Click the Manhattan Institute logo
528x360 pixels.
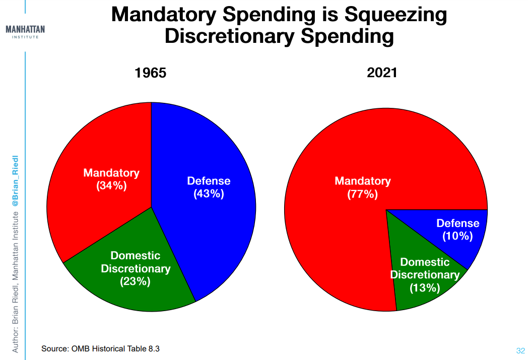[x=25, y=32]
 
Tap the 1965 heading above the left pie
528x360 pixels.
[x=150, y=73]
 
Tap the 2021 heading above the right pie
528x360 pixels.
[x=382, y=73]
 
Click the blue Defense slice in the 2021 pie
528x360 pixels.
[x=458, y=232]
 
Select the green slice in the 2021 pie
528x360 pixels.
[x=421, y=276]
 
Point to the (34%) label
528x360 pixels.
[x=111, y=186]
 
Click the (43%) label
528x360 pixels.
[x=209, y=194]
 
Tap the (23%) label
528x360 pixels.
[x=135, y=281]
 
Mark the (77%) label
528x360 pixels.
[x=363, y=194]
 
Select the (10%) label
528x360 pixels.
[x=457, y=236]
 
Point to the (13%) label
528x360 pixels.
[x=425, y=288]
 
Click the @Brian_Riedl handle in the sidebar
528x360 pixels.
[x=15, y=181]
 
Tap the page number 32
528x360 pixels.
[x=520, y=350]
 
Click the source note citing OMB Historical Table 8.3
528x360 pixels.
[x=100, y=348]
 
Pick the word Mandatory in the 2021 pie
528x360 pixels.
[x=363, y=181]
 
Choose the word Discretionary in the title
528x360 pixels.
[x=229, y=36]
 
